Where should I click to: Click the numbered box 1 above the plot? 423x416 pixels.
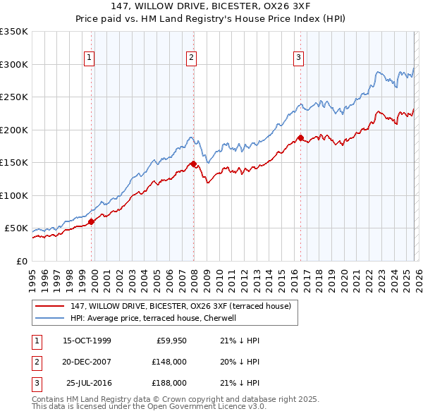90,58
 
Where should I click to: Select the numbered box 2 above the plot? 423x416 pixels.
192,58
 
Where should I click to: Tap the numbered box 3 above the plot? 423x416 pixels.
298,58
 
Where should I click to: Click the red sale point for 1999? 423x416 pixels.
92,221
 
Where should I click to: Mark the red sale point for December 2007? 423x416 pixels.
194,164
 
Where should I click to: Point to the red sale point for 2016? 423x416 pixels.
300,138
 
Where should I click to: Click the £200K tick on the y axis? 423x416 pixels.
14,130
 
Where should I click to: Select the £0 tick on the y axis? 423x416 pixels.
21,261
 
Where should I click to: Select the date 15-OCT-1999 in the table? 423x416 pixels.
87,341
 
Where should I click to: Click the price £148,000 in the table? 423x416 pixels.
169,362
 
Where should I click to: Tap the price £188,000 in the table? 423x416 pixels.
169,383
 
